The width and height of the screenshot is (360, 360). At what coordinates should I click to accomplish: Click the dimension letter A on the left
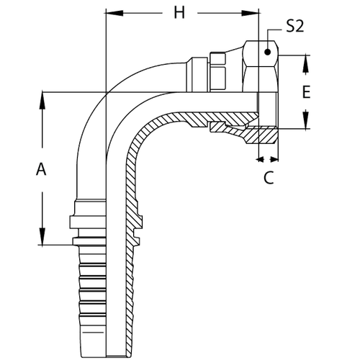click(42, 170)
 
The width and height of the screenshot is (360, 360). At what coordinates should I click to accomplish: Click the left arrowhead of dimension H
click(112, 14)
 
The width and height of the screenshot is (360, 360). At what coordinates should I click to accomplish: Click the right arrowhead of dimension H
click(252, 14)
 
